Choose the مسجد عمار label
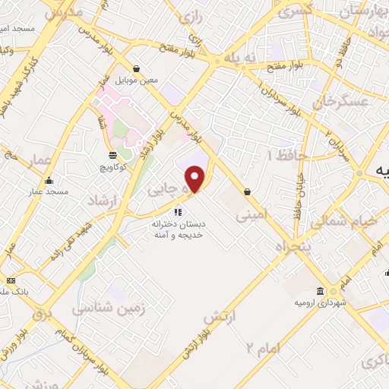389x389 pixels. click(49, 192)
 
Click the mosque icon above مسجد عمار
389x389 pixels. click(49, 181)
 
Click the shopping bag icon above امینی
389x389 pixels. click(248, 192)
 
